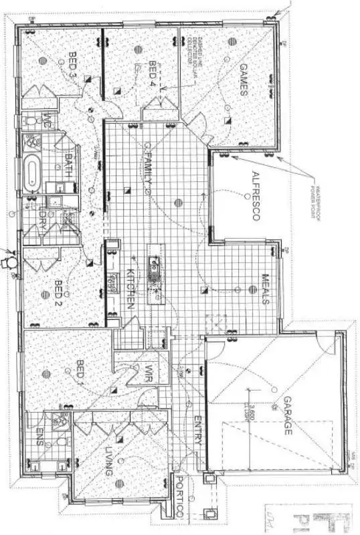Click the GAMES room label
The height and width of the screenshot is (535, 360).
[x=244, y=80]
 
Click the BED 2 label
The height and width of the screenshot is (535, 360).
[x=58, y=292]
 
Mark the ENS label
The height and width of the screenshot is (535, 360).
[x=38, y=437]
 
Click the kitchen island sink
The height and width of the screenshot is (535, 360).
[x=153, y=268]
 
